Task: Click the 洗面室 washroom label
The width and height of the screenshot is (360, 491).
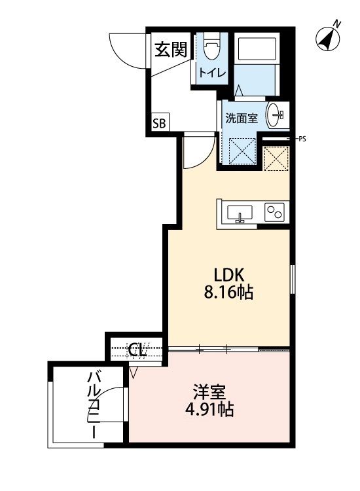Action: pyautogui.click(x=242, y=118)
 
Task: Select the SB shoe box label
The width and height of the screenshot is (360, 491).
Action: pyautogui.click(x=160, y=122)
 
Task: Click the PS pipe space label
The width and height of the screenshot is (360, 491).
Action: pyautogui.click(x=302, y=139)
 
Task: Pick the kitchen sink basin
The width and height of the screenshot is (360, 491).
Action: pyautogui.click(x=240, y=213)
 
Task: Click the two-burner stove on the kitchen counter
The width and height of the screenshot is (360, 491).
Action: pyautogui.click(x=274, y=213)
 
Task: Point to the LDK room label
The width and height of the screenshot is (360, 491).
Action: pyautogui.click(x=226, y=276)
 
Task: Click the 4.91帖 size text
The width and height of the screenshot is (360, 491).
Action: pyautogui.click(x=209, y=410)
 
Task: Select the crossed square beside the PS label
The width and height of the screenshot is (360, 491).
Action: pyautogui.click(x=276, y=158)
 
